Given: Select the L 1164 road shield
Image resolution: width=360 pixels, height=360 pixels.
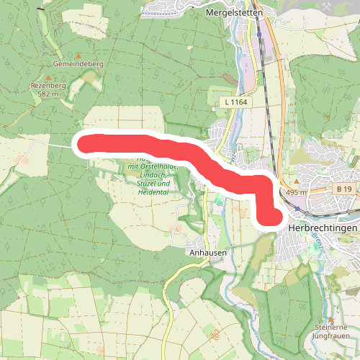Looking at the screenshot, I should [236, 103].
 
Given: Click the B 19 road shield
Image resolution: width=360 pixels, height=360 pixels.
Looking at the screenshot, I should [343, 189].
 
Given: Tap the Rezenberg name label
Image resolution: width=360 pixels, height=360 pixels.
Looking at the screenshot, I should [48, 85].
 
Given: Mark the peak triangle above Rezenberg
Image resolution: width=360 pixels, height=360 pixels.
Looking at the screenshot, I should [48, 76].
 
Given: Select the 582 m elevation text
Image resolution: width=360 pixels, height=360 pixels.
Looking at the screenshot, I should [48, 94].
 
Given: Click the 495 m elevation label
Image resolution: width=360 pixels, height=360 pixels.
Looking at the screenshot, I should [296, 192].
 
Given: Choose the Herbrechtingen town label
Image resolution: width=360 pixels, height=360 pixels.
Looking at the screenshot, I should [323, 228].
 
